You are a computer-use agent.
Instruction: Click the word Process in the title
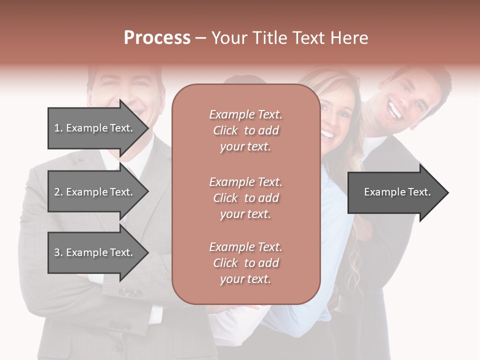click(x=157, y=38)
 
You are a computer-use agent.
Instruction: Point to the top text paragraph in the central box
click(x=245, y=130)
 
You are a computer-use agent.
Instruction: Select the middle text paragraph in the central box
click(x=245, y=198)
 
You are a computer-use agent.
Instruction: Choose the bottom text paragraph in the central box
click(x=245, y=263)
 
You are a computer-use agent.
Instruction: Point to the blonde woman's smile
click(x=328, y=134)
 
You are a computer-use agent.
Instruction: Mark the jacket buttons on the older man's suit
click(x=129, y=292)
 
